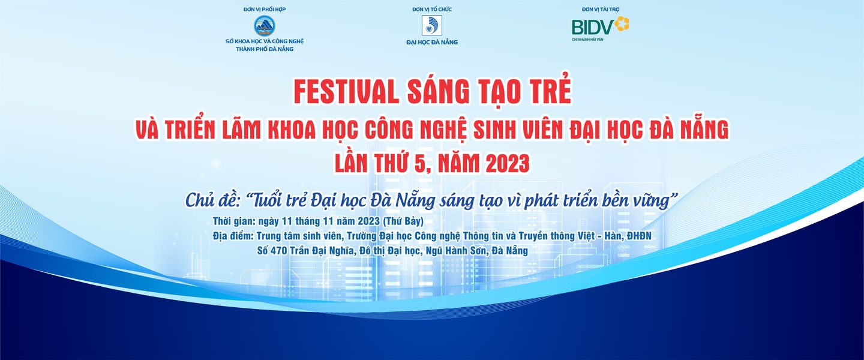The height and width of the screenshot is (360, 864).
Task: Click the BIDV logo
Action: [600, 25]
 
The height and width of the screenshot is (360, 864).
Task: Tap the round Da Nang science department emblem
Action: [264, 26]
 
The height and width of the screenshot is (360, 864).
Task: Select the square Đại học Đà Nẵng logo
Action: [431, 25]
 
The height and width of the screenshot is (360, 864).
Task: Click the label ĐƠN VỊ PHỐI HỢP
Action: [265, 9]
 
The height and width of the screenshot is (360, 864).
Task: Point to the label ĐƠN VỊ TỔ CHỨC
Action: [432, 9]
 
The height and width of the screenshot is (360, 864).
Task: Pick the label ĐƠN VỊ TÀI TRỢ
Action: [601, 9]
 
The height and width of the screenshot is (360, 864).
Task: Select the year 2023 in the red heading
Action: [508, 164]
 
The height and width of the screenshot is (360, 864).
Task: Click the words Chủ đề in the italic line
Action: [214, 200]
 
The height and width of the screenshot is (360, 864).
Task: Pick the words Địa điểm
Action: [233, 236]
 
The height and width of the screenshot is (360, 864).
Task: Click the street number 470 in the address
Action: [279, 251]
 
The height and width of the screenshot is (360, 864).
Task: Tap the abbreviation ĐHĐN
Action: [639, 236]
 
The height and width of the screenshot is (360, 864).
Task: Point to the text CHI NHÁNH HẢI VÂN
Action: [587, 40]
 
